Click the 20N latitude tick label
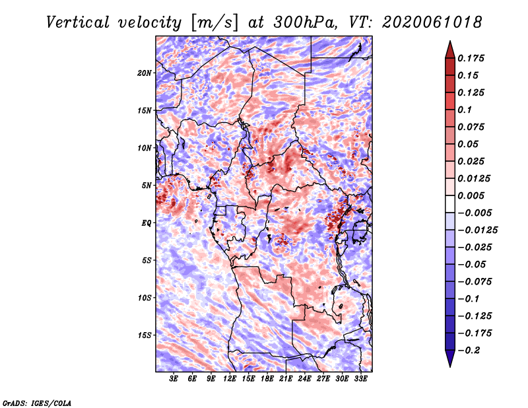coord(145,73)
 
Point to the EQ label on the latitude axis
coord(146,223)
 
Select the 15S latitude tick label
coord(145,335)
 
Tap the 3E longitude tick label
coord(174,379)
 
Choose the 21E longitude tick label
coord(286,379)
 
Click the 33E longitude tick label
coord(360,379)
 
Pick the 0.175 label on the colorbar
coord(471,58)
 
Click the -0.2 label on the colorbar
coord(469,351)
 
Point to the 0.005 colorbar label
coord(471,195)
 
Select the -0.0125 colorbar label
coord(478,230)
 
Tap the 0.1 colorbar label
coord(465,110)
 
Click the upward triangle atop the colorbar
coord(450,50)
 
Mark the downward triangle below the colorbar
coord(450,358)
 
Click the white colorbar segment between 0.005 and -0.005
coord(450,204)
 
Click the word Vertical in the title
coord(78,22)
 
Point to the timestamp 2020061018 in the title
coord(432,22)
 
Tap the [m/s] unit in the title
coord(214,23)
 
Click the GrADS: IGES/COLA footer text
coord(37,403)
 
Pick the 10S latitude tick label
coord(145,298)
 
